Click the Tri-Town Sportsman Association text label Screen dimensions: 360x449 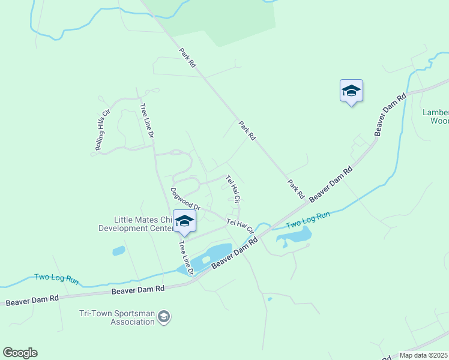[x=116, y=317]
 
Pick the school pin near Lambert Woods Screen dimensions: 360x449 [x=351, y=91]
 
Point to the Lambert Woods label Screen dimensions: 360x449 [x=435, y=116]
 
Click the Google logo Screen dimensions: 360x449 [x=20, y=352]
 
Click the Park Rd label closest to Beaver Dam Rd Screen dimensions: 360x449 [x=296, y=190]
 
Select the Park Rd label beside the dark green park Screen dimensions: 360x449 [x=188, y=57]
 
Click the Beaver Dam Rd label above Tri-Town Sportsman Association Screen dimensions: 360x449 [x=138, y=290]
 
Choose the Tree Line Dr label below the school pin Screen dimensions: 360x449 [x=185, y=258]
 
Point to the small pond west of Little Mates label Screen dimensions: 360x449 [x=118, y=251]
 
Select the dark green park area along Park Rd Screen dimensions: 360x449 [x=222, y=21]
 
